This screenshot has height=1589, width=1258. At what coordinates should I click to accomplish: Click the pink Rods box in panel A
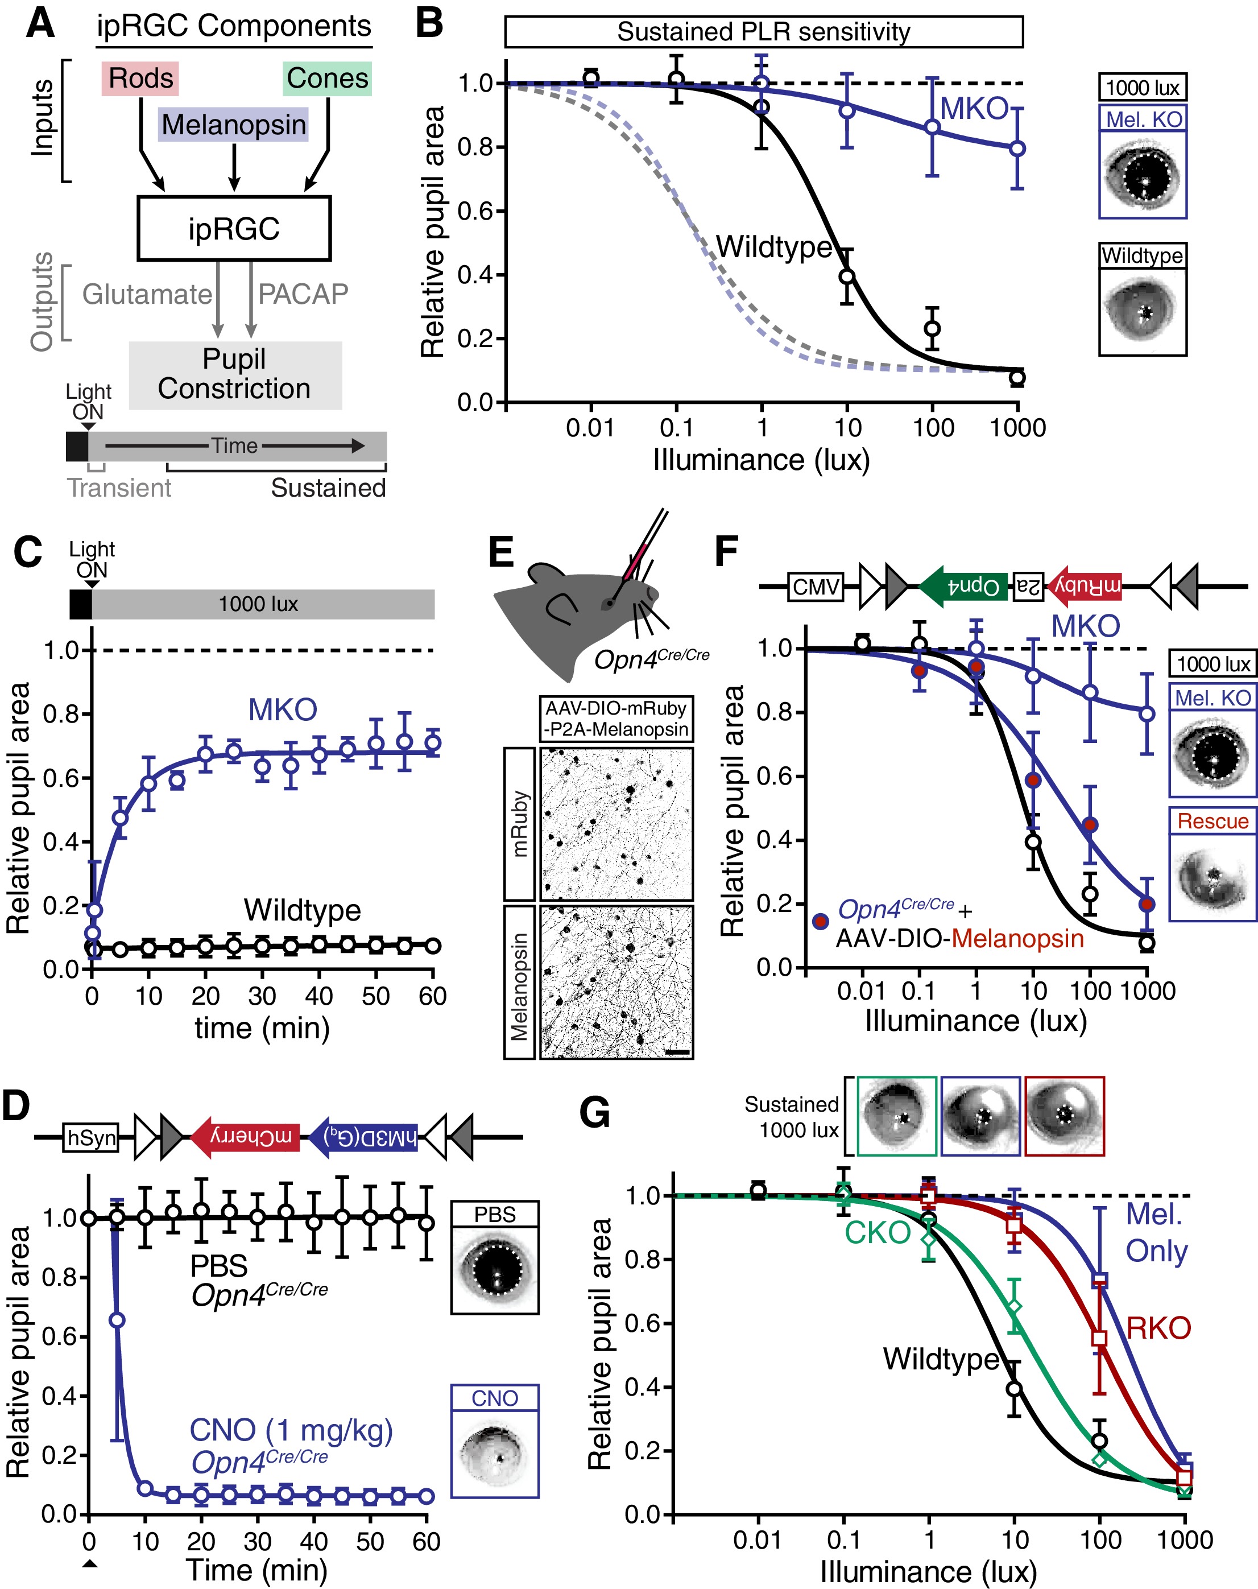click(140, 79)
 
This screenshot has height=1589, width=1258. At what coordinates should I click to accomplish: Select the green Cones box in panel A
click(327, 79)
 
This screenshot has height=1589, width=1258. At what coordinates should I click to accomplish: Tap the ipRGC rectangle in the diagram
click(234, 228)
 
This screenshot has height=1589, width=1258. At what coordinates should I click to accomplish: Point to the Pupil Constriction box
click(235, 374)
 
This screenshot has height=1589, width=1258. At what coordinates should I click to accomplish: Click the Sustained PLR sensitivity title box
click(763, 32)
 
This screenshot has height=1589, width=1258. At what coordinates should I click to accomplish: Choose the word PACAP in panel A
click(303, 294)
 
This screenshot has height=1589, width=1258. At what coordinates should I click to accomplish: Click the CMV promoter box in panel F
click(816, 587)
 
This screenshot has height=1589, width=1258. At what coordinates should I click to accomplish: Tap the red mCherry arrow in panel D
click(245, 1137)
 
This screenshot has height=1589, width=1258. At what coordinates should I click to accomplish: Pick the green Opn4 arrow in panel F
click(964, 587)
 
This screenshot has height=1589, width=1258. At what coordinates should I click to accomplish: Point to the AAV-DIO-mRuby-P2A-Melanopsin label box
click(616, 718)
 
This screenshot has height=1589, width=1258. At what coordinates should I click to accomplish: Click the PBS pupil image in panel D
click(494, 1269)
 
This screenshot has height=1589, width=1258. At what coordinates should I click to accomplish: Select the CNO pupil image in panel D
click(494, 1452)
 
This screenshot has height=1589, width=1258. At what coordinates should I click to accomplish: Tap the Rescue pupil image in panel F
click(1213, 877)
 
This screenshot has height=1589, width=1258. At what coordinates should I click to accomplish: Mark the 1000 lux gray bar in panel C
click(262, 604)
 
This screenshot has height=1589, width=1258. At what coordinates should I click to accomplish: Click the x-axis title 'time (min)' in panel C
click(262, 1027)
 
